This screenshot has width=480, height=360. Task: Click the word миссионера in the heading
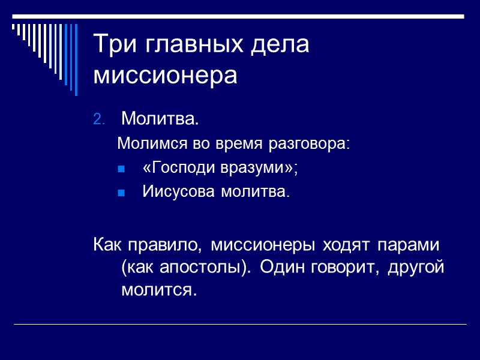tap(166, 76)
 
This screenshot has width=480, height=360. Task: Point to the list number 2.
tap(99, 119)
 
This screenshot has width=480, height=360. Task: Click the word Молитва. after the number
tap(159, 119)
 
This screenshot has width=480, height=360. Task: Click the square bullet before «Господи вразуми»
tap(121, 169)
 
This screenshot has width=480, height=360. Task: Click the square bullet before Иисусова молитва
tap(121, 193)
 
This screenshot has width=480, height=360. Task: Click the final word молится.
tap(158, 290)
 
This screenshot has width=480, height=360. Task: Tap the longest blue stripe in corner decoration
tap(76, 60)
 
